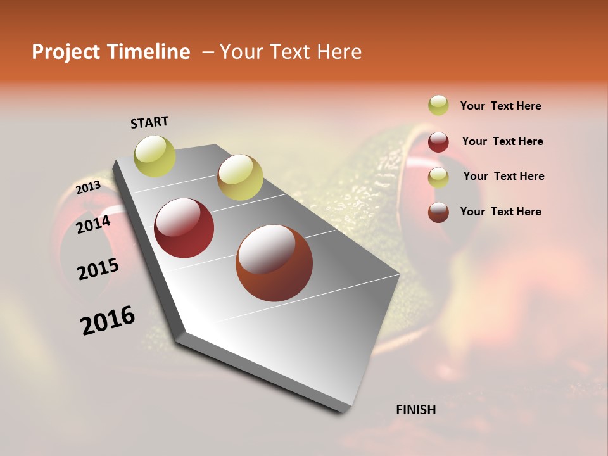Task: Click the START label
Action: pyautogui.click(x=149, y=122)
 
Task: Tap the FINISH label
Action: pyautogui.click(x=415, y=410)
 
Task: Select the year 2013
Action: pyautogui.click(x=88, y=187)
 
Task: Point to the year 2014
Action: pyautogui.click(x=93, y=224)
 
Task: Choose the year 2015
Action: pyautogui.click(x=98, y=269)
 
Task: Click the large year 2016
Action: pyautogui.click(x=108, y=320)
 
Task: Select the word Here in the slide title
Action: pyautogui.click(x=336, y=52)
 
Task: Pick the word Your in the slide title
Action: pyautogui.click(x=240, y=52)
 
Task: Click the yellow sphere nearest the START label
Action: pyautogui.click(x=155, y=156)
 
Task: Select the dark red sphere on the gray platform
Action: pyautogui.click(x=184, y=228)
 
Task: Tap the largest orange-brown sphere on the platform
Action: pyautogui.click(x=274, y=263)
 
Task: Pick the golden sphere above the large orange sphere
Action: pyautogui.click(x=240, y=177)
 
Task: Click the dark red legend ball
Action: pyautogui.click(x=438, y=142)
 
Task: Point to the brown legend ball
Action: pyautogui.click(x=438, y=212)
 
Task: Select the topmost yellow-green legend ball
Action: pyautogui.click(x=438, y=105)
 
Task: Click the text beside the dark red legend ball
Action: pyautogui.click(x=502, y=141)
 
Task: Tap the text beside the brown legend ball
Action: pyautogui.click(x=500, y=212)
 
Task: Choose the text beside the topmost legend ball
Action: pyautogui.click(x=500, y=106)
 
